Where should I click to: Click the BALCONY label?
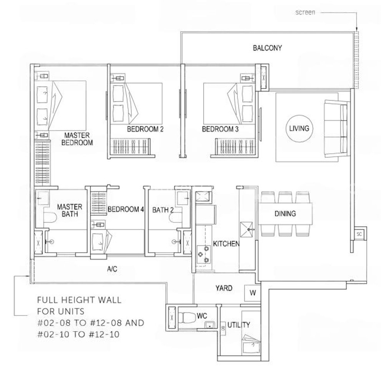tap(267, 48)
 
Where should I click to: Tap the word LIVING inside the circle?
tap(299, 128)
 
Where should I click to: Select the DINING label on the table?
tap(285, 214)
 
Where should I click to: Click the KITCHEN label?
tap(226, 244)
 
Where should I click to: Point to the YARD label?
tap(224, 288)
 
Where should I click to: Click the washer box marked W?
tap(252, 293)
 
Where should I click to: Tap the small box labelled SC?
tap(359, 234)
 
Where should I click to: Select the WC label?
tap(202, 316)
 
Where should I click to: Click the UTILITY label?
tap(239, 325)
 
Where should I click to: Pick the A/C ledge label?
tap(112, 269)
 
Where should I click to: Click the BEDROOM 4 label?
tap(126, 209)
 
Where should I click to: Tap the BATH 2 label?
tap(163, 210)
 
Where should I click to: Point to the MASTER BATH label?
tap(70, 210)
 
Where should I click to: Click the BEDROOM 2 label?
tap(145, 129)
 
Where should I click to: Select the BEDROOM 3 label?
tap(220, 129)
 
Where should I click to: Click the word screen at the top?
tap(305, 12)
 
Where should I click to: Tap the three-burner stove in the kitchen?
tap(204, 254)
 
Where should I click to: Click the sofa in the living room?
tap(336, 127)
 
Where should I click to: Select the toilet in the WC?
tap(187, 317)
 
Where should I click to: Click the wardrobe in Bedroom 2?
tap(131, 146)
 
